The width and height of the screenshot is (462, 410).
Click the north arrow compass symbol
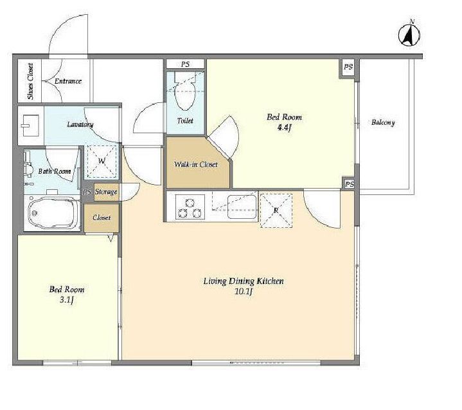(409, 35)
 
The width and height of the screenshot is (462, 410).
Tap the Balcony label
(383, 122)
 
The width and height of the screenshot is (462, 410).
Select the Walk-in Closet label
(195, 164)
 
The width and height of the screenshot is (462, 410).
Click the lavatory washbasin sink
(30, 126)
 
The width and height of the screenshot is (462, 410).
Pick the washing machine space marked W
(102, 162)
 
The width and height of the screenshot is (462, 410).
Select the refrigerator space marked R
(276, 210)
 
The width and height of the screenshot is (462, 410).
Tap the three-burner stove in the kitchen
(190, 207)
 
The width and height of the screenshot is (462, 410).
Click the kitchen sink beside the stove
(242, 207)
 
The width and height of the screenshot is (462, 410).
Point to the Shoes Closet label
(30, 81)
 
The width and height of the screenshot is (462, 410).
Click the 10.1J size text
(244, 292)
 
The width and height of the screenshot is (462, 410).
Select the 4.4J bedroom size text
(284, 128)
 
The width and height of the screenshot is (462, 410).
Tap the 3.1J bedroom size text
(67, 300)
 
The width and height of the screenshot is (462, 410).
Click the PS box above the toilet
(185, 64)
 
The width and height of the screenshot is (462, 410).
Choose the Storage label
(106, 192)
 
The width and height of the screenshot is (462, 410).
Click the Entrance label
(68, 81)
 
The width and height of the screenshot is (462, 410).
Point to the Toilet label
(185, 121)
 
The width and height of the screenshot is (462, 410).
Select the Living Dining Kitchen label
(244, 281)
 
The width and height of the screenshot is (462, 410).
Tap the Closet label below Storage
(102, 218)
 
